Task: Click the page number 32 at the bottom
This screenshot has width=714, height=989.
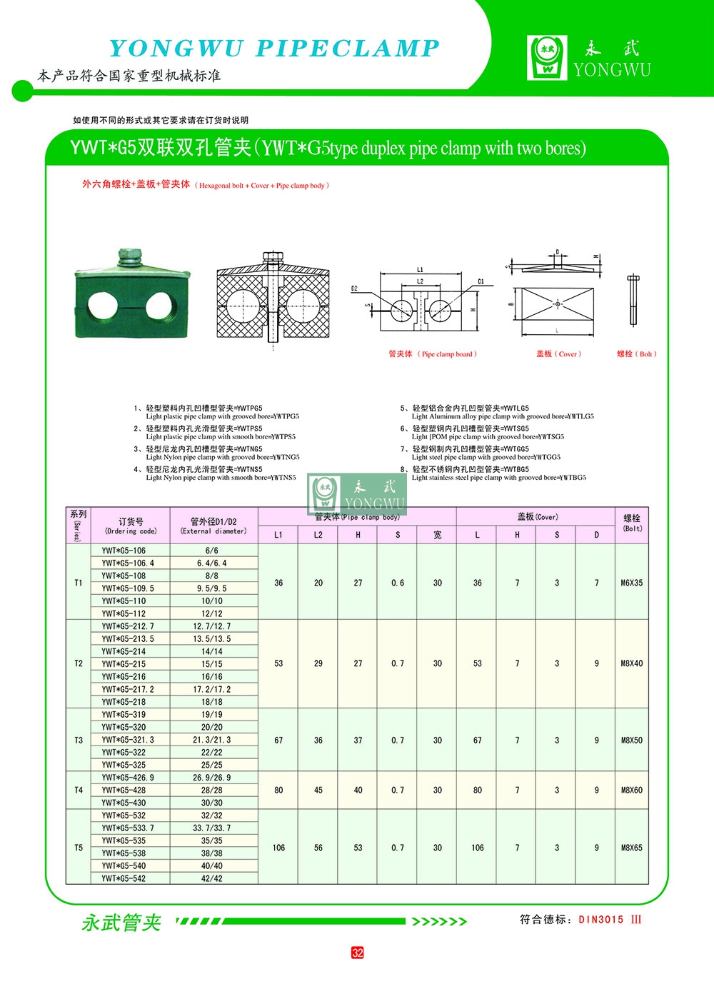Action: tap(357, 953)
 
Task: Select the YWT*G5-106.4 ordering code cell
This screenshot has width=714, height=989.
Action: tap(128, 563)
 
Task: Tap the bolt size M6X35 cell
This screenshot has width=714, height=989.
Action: tap(631, 583)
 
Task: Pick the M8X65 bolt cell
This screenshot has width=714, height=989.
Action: tap(631, 848)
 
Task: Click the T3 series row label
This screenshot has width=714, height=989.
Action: tap(79, 741)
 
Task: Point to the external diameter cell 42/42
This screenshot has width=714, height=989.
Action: tap(212, 879)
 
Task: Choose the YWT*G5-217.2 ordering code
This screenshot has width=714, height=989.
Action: tap(128, 690)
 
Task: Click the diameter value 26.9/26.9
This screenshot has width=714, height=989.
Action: tap(212, 778)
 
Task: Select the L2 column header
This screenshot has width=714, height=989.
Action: tap(318, 535)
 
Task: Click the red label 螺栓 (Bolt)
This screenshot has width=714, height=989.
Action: tap(636, 354)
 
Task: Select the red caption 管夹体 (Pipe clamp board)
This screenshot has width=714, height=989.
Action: tap(433, 354)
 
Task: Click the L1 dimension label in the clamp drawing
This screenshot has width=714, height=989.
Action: tap(421, 270)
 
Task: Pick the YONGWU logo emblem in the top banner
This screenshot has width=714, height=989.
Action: tap(547, 57)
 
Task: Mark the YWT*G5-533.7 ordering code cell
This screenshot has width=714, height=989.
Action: tap(128, 828)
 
